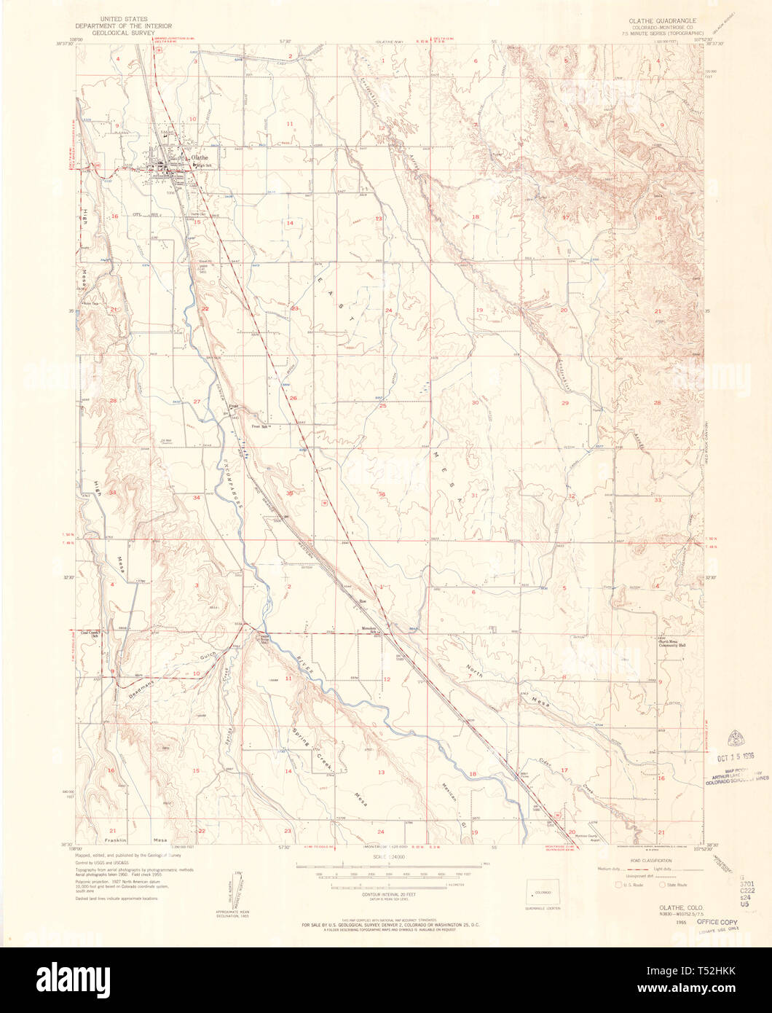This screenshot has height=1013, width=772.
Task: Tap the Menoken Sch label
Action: pos(373,630)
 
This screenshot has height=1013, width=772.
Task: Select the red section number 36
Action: pos(382,495)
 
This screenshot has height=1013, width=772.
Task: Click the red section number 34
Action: pos(196,498)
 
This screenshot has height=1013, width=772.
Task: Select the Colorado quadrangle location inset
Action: pos(540,893)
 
